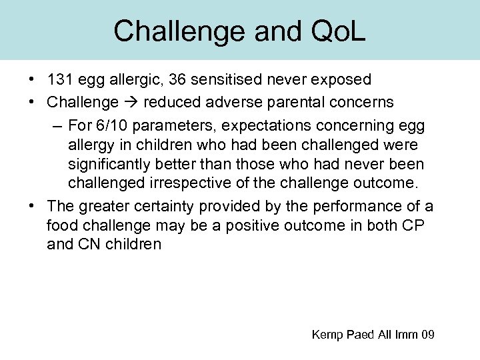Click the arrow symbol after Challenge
[x=131, y=103]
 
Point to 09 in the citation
[x=427, y=335]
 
